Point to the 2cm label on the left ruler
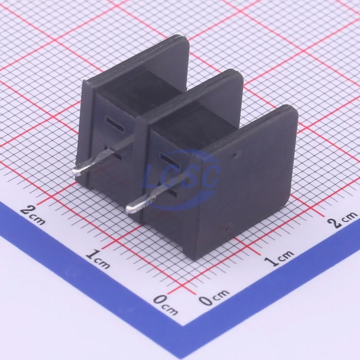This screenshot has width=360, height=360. [x=32, y=215]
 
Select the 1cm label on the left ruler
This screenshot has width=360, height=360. [x=98, y=260]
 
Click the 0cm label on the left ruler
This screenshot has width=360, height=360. [x=165, y=305]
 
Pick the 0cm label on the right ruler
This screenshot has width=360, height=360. [x=214, y=297]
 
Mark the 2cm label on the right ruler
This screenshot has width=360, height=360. [x=342, y=219]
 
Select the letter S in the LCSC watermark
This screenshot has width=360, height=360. [x=188, y=177]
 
